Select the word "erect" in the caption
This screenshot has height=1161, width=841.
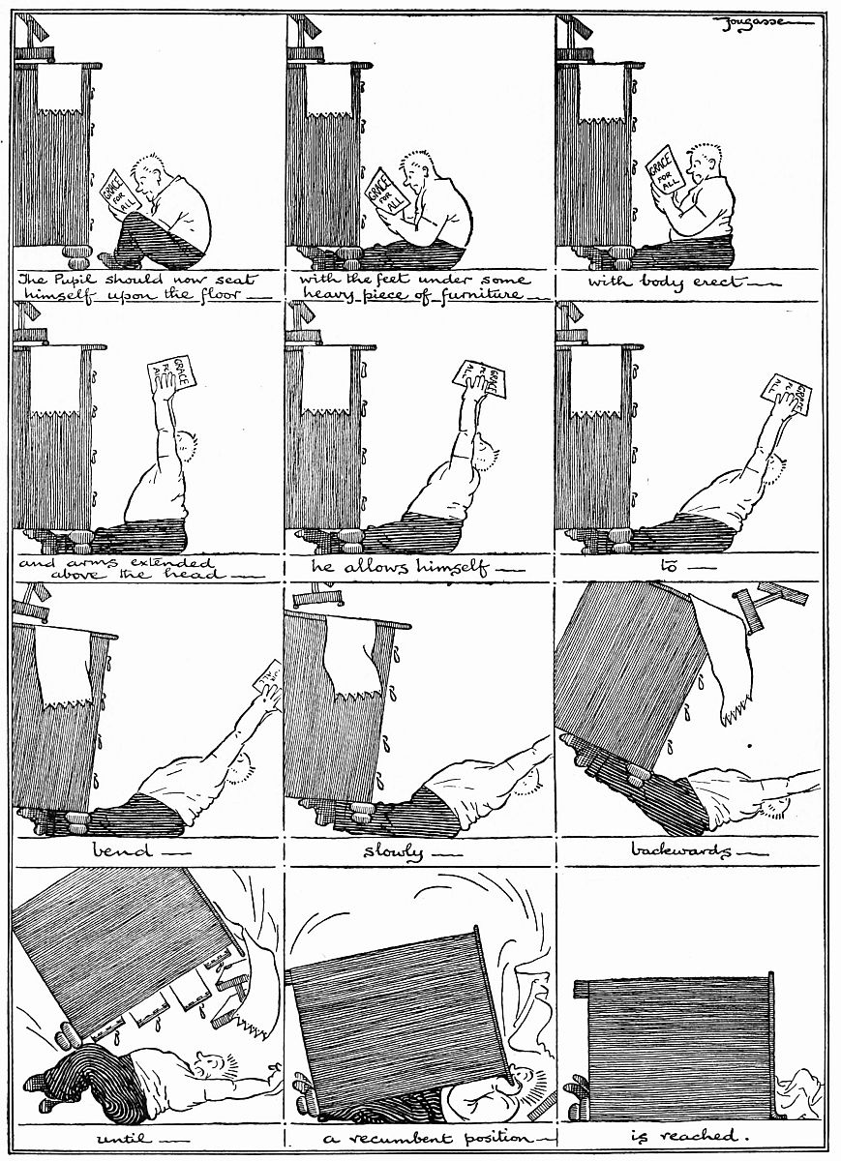(718, 282)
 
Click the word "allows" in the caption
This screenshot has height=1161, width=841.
(379, 567)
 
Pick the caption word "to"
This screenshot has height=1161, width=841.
(669, 567)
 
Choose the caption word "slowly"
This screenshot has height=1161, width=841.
(393, 852)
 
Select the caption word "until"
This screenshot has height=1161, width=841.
(124, 1138)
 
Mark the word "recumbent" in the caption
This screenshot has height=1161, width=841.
(399, 1138)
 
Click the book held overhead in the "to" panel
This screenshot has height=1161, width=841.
(786, 395)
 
